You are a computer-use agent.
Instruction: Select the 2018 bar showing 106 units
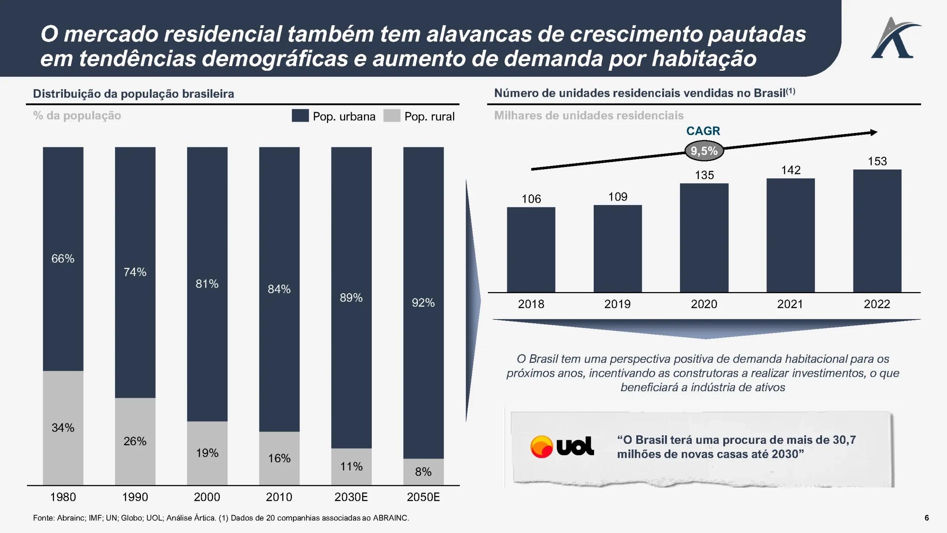coord(531,249)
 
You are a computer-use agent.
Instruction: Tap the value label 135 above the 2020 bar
coord(704,175)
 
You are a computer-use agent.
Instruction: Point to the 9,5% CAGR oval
coord(704,151)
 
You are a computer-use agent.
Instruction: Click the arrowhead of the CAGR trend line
coord(874,133)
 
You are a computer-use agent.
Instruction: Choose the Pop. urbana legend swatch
coord(300,115)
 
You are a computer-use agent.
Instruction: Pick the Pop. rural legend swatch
coord(392,115)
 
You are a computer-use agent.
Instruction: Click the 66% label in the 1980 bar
coord(63,258)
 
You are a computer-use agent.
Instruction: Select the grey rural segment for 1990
coord(135,441)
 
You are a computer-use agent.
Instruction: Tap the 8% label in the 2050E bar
coord(423,472)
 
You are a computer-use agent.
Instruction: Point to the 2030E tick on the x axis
coord(351,497)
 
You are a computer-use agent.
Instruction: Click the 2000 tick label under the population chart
coord(207,497)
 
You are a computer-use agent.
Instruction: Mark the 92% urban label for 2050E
coord(423,302)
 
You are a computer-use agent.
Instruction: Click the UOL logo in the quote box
coord(562,446)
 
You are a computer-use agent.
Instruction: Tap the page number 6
coord(927,518)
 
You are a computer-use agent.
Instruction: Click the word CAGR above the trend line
coord(703,131)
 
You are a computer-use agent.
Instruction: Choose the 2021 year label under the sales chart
coord(790,304)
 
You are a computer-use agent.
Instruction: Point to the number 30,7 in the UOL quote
coord(844,440)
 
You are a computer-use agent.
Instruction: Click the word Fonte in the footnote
coord(43,518)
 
